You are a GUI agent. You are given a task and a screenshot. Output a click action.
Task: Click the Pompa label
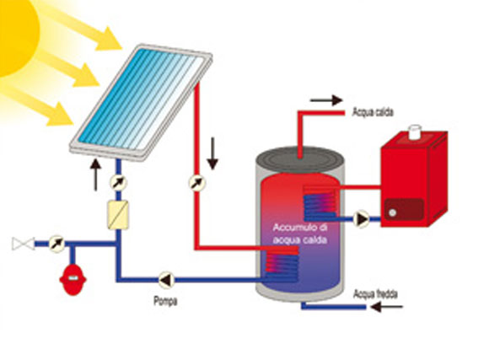tap(165, 301)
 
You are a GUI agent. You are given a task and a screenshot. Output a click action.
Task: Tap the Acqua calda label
tap(373, 112)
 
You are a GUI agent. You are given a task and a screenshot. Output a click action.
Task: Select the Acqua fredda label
tap(375, 294)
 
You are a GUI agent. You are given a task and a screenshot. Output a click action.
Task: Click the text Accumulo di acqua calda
tap(300, 234)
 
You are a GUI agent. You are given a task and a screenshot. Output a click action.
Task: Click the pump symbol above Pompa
tap(166, 280)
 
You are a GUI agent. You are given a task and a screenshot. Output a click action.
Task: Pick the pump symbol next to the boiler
tap(361, 219)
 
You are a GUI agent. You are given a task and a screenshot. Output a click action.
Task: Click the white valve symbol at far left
tap(24, 244)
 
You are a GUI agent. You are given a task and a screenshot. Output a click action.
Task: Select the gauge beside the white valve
tap(57, 244)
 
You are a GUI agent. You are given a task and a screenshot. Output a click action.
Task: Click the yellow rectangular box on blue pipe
tap(118, 215)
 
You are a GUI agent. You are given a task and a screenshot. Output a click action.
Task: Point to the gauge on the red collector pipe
tap(197, 183)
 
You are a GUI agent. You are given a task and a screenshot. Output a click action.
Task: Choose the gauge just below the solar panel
tap(118, 183)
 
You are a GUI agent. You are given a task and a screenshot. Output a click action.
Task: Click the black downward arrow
tap(212, 153)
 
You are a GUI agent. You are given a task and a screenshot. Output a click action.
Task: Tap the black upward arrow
tap(95, 175)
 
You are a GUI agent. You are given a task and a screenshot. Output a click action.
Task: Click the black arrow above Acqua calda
tap(326, 100)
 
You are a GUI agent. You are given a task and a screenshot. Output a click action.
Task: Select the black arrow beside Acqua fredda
tap(387, 307)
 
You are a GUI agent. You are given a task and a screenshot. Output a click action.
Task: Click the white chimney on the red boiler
tap(415, 132)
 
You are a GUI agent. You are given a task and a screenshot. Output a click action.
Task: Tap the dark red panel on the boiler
tap(404, 209)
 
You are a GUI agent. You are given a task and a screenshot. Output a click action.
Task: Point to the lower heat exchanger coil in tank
tap(282, 265)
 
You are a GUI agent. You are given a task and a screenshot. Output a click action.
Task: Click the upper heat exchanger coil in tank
tap(320, 203)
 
